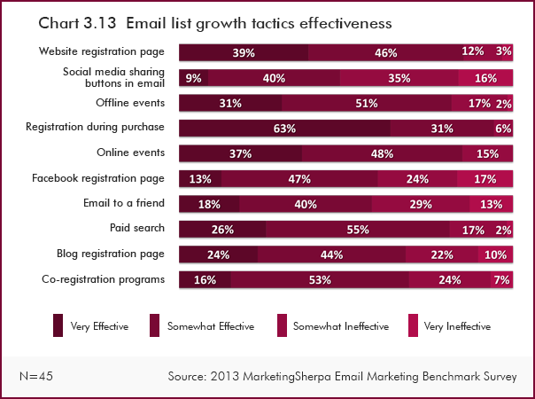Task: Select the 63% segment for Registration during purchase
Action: point(284,129)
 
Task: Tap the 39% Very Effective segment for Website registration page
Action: point(244,52)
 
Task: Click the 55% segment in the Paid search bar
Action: point(359,230)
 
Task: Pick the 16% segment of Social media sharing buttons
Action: point(485,78)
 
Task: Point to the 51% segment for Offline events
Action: point(366,103)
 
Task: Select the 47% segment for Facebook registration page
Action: point(299,179)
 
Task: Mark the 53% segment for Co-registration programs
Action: point(320,280)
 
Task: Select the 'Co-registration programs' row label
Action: point(103,279)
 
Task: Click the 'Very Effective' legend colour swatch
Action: point(58,325)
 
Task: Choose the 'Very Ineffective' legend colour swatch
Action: point(412,325)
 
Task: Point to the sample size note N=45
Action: point(35,377)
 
